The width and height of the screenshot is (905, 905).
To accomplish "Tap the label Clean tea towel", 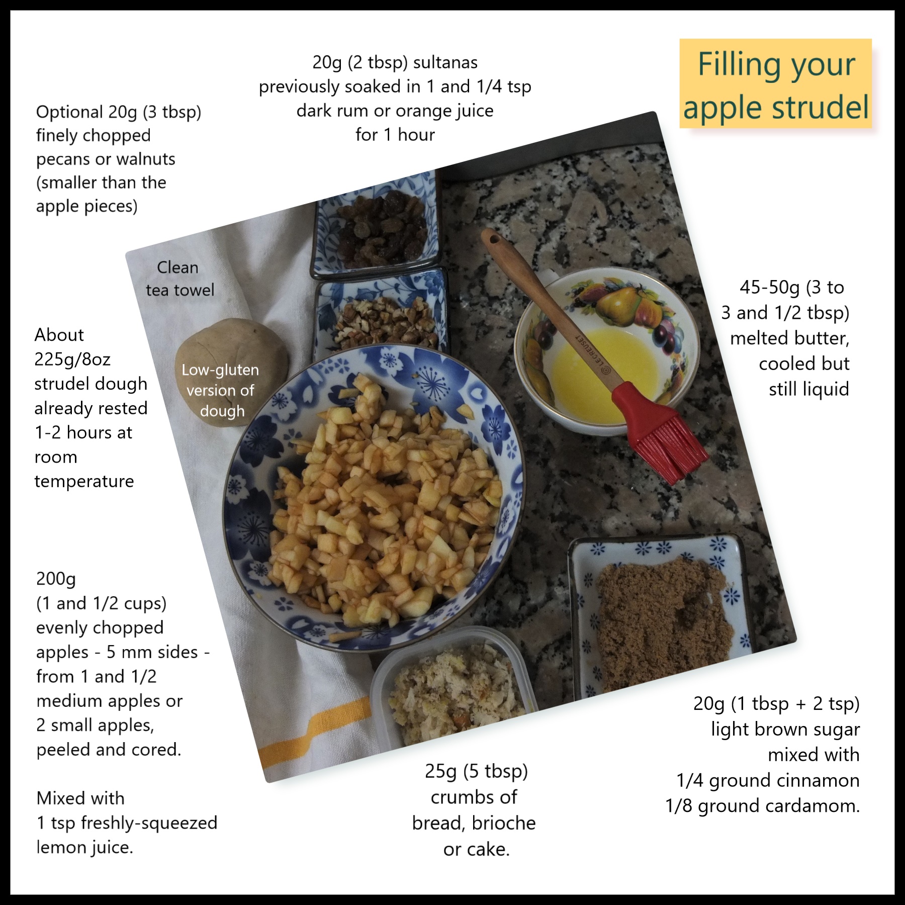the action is tap(179, 279).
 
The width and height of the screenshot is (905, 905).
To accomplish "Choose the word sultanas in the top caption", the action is tap(445, 62).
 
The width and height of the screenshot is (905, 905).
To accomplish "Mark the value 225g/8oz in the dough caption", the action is tap(72, 359).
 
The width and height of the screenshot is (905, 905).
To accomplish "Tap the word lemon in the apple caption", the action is tap(61, 847).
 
